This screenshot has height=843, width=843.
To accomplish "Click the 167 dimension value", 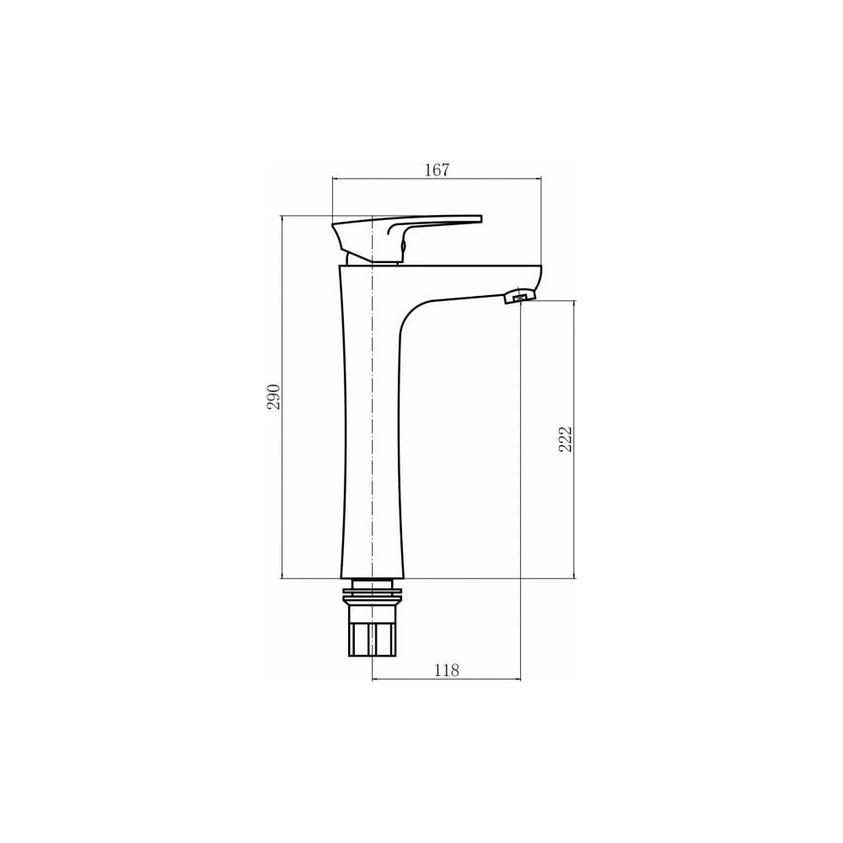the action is click(437, 170).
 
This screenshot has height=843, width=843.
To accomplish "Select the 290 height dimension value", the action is click(274, 397).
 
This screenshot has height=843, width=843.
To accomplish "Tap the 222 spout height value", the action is click(566, 439).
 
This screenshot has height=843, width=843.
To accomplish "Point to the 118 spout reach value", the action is click(447, 670).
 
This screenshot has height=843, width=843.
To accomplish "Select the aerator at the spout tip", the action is click(520, 296).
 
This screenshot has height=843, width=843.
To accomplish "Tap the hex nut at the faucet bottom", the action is click(372, 639).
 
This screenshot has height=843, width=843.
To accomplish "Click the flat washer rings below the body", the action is click(372, 596).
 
